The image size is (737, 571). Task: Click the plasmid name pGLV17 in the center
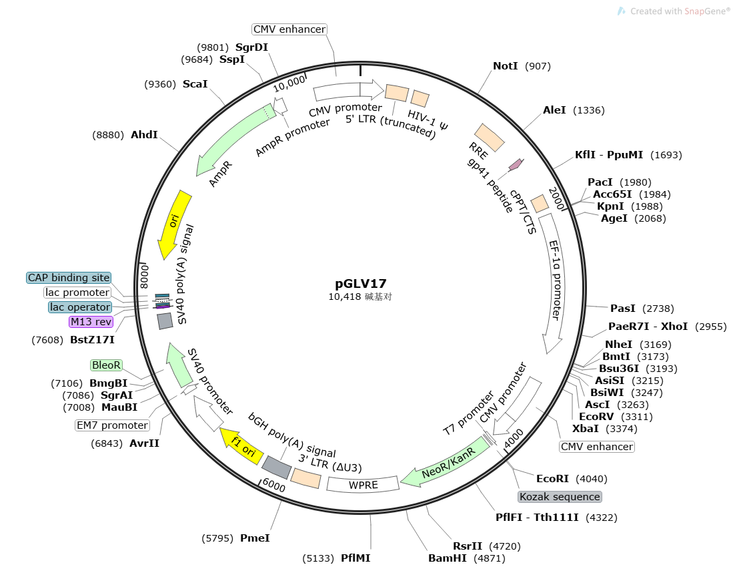361,283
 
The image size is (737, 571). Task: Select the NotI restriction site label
506,66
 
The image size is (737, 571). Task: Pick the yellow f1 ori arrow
241,447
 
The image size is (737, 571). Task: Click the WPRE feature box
363,484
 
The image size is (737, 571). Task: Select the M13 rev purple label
91,322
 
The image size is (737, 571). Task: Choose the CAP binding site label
69,278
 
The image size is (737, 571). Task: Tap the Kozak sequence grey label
560,497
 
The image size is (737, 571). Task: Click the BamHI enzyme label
448,558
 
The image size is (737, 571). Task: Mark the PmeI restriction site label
255,538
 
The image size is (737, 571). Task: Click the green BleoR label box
107,365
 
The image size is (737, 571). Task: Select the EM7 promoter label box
112,425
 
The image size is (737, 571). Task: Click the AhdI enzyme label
144,134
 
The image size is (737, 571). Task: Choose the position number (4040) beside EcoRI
592,479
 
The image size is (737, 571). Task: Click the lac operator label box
79,307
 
